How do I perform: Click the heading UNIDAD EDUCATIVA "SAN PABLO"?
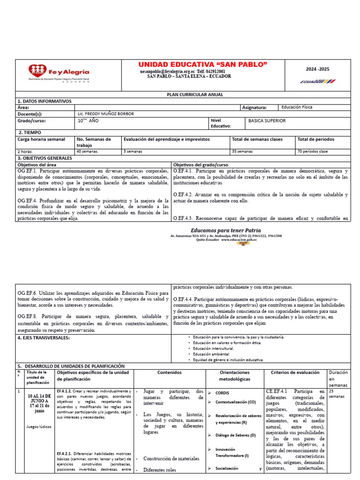[x=203, y=64]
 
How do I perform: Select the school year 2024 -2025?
[x=318, y=69]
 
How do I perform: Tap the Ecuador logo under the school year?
[x=318, y=82]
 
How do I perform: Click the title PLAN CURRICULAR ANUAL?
[x=195, y=95]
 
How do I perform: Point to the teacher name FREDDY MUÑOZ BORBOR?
[x=106, y=114]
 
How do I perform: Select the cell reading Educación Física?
[x=297, y=107]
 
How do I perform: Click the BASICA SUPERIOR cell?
[x=267, y=121]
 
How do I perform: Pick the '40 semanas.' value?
[x=87, y=152]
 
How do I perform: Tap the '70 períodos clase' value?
[x=313, y=152]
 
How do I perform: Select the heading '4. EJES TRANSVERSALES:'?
[x=44, y=337]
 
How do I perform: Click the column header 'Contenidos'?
[x=169, y=373]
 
